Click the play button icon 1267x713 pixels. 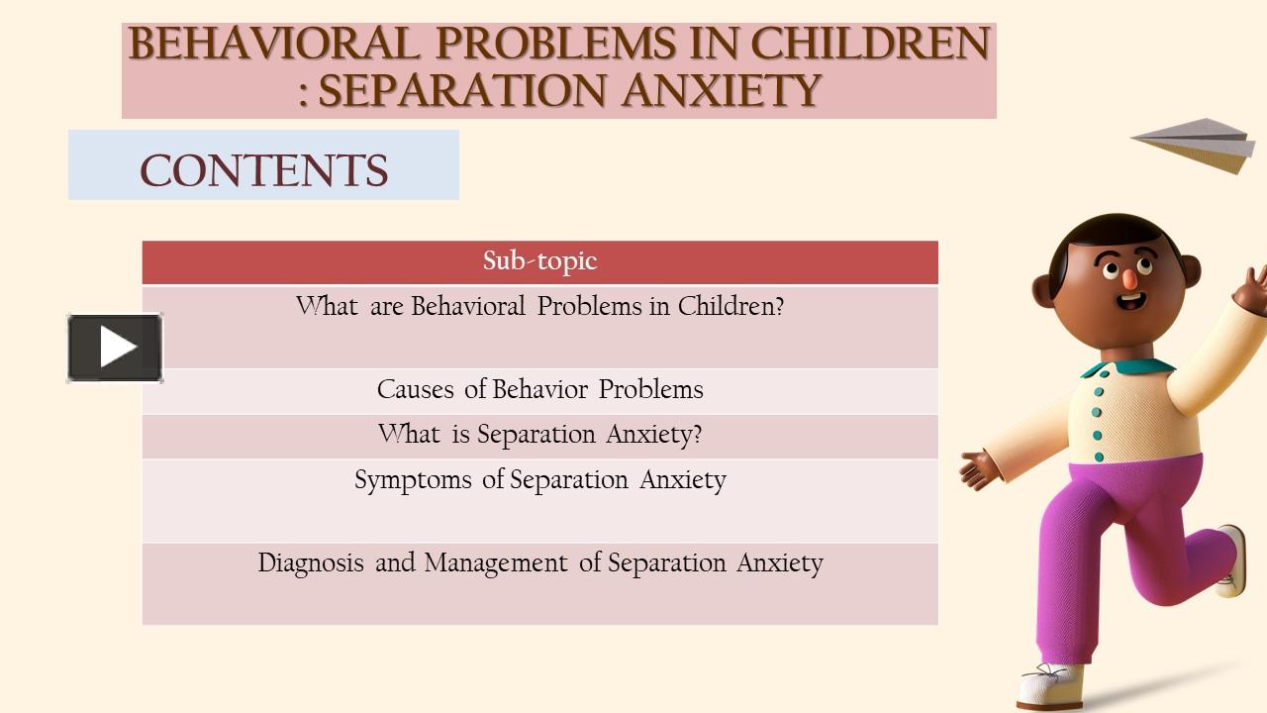(x=116, y=348)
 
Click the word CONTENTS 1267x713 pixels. (x=263, y=169)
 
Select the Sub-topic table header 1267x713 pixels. (x=539, y=261)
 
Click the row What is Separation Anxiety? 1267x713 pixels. (x=539, y=435)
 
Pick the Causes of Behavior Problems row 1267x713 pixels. (x=539, y=390)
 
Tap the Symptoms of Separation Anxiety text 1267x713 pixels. (x=539, y=480)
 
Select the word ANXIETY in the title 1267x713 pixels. (x=722, y=91)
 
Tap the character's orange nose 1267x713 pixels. (x=1127, y=277)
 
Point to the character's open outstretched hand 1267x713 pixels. (x=978, y=466)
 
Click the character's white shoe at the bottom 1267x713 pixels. (x=1049, y=683)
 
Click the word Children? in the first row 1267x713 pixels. (x=731, y=306)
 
